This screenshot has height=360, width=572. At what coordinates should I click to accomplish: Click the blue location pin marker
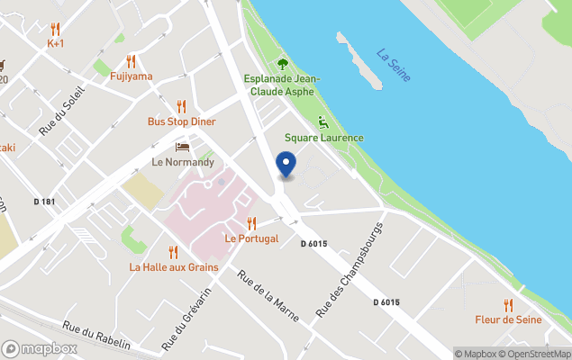[x=286, y=166]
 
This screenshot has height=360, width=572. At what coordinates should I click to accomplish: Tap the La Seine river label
[x=394, y=65]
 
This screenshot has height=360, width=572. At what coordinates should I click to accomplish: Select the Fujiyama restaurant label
[x=132, y=76]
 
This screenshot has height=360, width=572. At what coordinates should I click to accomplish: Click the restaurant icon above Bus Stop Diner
[x=181, y=106]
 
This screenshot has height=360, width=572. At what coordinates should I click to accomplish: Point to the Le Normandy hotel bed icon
[x=182, y=147]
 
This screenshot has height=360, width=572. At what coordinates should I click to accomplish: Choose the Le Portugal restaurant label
[x=251, y=238]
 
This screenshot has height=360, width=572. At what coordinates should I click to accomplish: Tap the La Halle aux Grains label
[x=173, y=266]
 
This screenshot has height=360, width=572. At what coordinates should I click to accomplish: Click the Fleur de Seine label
[x=508, y=319]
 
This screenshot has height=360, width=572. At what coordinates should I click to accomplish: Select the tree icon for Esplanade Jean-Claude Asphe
[x=282, y=63]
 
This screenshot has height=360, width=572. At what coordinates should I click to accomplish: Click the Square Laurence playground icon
[x=323, y=122]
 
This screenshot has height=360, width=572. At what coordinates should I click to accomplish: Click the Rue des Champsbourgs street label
[x=350, y=268]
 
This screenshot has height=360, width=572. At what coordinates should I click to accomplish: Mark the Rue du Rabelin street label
[x=96, y=337]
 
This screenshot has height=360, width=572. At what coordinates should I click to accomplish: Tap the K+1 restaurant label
[x=56, y=43]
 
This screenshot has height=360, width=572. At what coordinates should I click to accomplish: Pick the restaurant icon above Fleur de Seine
[x=508, y=304]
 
